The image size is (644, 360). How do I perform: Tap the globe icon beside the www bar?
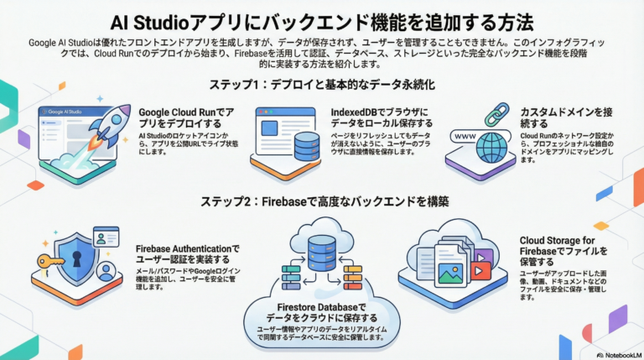point(490,146)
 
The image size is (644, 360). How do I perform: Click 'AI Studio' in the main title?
point(149,19)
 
